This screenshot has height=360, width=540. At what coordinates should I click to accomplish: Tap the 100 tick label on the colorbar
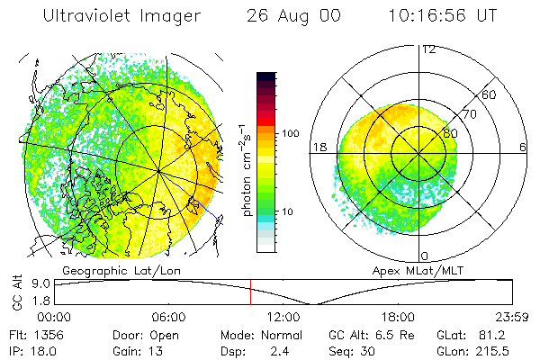tap(290, 133)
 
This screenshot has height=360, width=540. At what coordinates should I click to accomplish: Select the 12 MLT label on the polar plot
tap(428, 49)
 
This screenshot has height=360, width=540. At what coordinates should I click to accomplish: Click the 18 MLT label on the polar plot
tap(318, 148)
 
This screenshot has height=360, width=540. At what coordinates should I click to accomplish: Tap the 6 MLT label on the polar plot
tap(523, 148)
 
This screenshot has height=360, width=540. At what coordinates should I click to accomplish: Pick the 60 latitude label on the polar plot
tap(490, 94)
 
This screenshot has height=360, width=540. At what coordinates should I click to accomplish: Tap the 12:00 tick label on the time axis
tap(283, 317)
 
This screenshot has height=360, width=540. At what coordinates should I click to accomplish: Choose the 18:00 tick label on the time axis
tap(398, 317)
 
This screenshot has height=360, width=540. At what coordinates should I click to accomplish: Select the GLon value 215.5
tap(498, 349)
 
